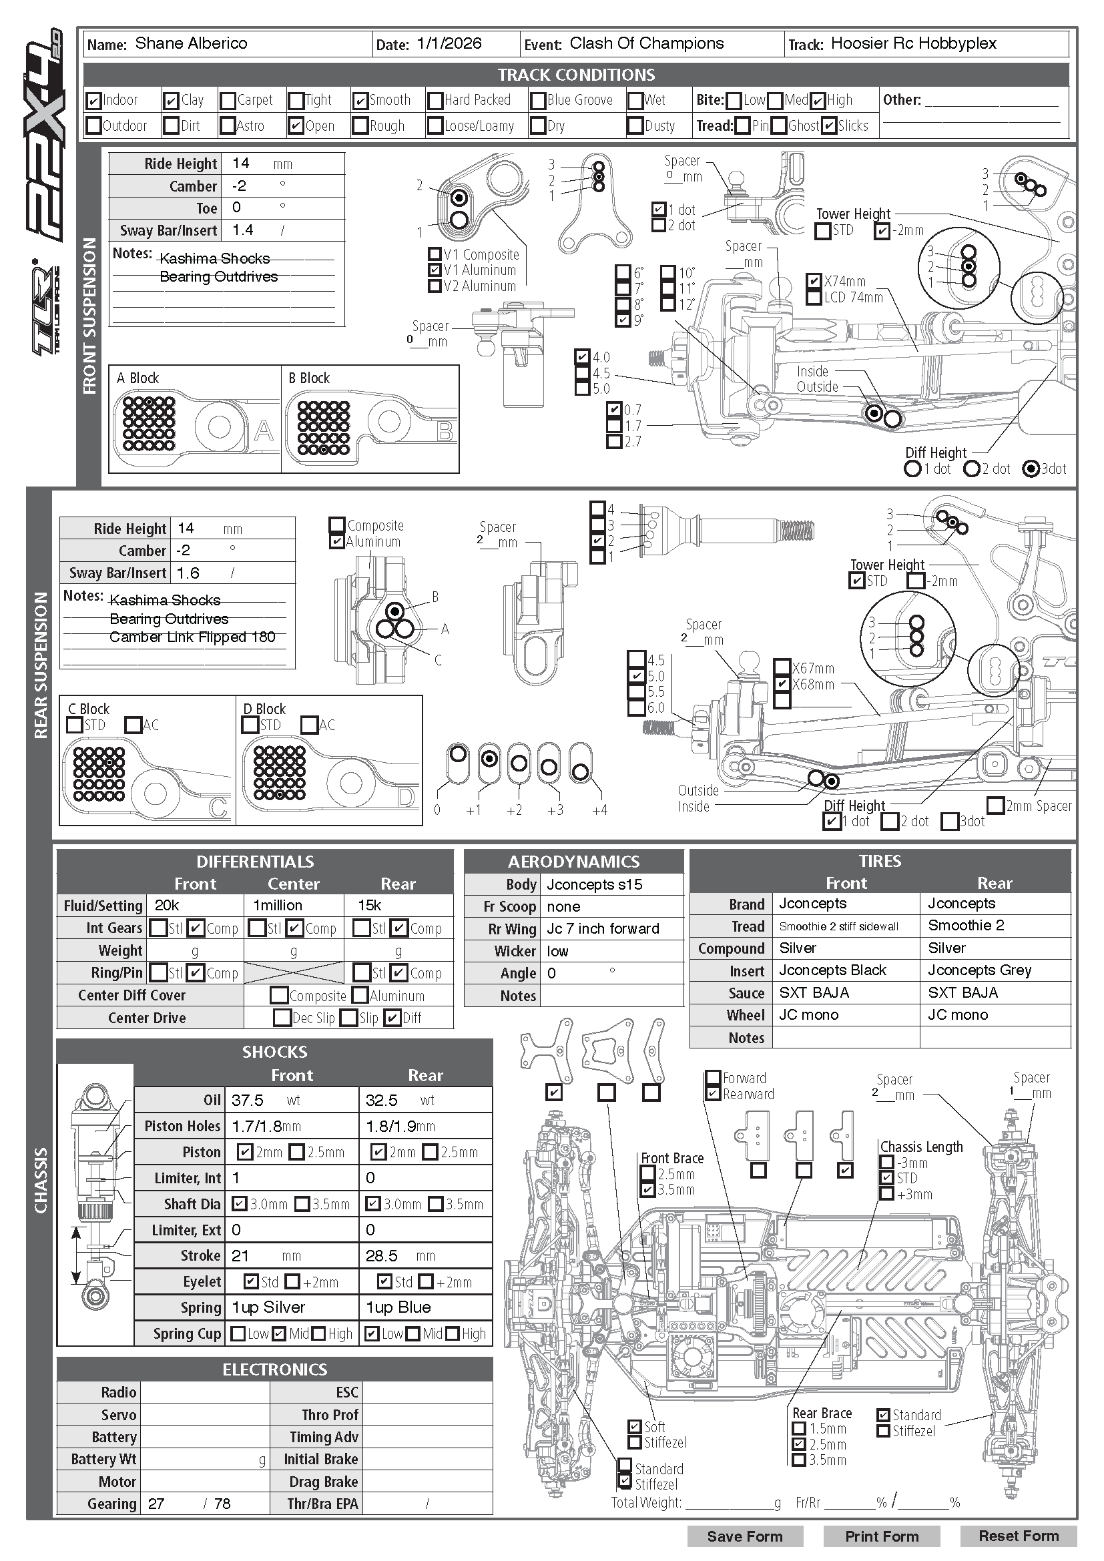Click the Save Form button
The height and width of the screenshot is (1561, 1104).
[744, 1536]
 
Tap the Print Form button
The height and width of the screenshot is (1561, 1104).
[881, 1536]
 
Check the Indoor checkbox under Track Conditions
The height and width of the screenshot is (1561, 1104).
[94, 101]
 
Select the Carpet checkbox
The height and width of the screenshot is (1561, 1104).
[228, 101]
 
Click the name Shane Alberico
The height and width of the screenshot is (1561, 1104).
[191, 43]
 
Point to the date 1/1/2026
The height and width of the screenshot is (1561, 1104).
[449, 43]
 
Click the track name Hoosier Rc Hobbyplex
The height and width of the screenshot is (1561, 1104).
[913, 43]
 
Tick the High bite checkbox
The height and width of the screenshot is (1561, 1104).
[818, 101]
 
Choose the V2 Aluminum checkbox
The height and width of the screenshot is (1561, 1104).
[435, 286]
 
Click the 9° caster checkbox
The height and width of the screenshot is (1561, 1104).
[623, 320]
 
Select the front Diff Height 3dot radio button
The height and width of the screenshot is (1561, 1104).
[1031, 469]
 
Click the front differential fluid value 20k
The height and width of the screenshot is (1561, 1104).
[167, 905]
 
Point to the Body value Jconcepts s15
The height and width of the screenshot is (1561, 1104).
[594, 884]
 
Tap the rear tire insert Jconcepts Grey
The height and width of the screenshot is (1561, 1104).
[980, 970]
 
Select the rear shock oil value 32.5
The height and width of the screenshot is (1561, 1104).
[382, 1100]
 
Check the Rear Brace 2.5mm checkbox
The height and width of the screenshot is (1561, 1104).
[800, 1444]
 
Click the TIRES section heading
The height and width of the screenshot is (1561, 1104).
[880, 861]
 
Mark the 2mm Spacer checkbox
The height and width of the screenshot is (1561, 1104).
[995, 806]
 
